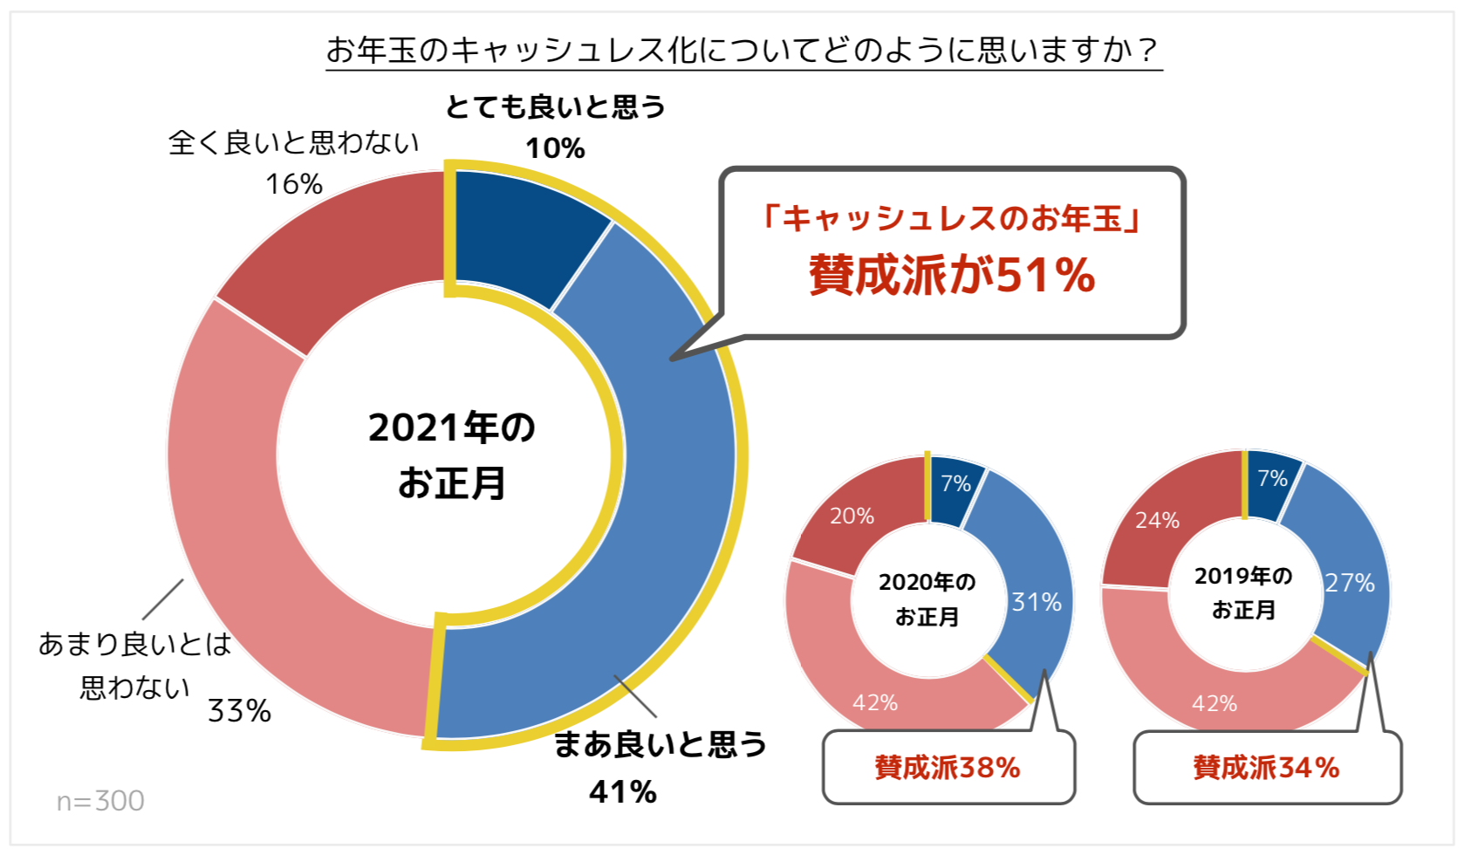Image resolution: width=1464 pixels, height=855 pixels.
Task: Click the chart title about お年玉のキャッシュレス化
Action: tap(742, 50)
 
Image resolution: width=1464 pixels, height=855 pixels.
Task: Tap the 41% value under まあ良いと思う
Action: tap(622, 791)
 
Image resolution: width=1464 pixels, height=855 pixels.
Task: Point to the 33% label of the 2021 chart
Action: tap(239, 711)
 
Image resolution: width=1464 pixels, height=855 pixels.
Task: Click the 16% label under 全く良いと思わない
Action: tap(294, 184)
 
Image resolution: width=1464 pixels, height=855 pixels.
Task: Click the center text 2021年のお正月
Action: tap(451, 455)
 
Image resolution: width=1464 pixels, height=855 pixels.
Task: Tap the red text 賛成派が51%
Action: tap(952, 275)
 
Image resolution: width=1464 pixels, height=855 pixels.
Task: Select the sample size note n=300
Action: tap(100, 800)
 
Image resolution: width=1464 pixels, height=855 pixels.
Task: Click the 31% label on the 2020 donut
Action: tap(1036, 602)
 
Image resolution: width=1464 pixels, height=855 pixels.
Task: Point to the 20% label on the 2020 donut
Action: tap(852, 516)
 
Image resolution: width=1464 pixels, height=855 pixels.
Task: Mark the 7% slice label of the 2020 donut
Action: tap(955, 483)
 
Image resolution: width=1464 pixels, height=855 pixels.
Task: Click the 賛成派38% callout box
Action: tap(948, 768)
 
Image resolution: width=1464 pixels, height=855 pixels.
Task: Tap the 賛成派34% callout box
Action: tap(1266, 768)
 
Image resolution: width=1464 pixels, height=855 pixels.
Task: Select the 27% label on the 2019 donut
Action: tap(1350, 583)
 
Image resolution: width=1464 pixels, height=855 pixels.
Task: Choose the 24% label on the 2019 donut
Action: tap(1157, 520)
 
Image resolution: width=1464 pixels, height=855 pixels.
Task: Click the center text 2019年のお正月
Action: tap(1243, 592)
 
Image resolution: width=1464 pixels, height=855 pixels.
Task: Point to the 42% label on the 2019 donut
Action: tap(1214, 703)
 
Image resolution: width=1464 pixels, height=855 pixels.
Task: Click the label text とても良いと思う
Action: tap(555, 107)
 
